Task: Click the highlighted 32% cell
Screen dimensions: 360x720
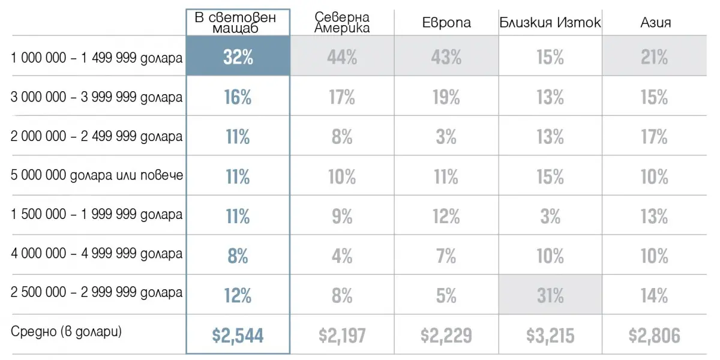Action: pyautogui.click(x=238, y=58)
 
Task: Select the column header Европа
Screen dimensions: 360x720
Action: pyautogui.click(x=446, y=23)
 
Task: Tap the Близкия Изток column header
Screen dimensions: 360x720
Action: pyautogui.click(x=550, y=23)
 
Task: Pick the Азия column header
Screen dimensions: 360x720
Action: pyautogui.click(x=655, y=23)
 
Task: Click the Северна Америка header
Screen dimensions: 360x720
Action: pyautogui.click(x=342, y=22)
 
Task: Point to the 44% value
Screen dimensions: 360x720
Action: pyautogui.click(x=342, y=58)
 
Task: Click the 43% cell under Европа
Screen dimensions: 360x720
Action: pyautogui.click(x=446, y=58)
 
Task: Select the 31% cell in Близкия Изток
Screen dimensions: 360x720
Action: pyautogui.click(x=550, y=295)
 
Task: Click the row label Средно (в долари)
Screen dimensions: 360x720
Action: pyautogui.click(x=66, y=331)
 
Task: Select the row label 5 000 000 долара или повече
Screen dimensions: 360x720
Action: pyautogui.click(x=97, y=176)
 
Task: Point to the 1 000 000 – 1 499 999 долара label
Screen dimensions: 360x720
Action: pyautogui.click(x=97, y=58)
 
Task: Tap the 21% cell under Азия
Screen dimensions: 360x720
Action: pyautogui.click(x=654, y=58)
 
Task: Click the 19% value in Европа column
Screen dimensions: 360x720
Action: pyautogui.click(x=446, y=97)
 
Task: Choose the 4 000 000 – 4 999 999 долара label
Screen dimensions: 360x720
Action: pyautogui.click(x=97, y=254)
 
